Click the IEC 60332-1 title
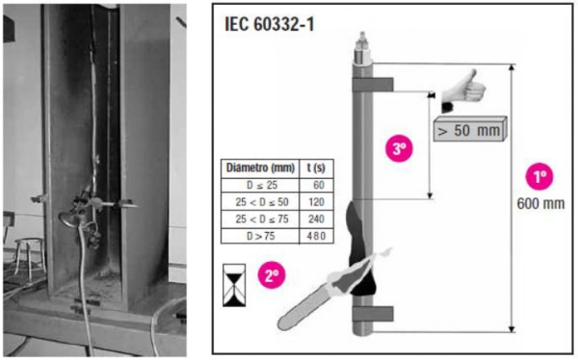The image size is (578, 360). tap(270, 24)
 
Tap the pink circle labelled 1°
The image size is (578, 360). tap(539, 176)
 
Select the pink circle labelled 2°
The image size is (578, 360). tap(272, 274)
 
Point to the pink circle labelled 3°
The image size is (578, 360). tap(399, 148)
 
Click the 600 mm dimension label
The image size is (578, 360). tap(540, 203)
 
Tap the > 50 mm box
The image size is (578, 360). tap(470, 129)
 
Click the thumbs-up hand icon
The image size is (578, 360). tap(462, 90)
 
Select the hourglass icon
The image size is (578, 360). tap(234, 285)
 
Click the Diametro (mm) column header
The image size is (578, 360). tap(260, 168)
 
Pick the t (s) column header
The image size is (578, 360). tap(316, 168)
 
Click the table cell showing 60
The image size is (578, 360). tap(316, 185)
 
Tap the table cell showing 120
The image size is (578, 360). tap(316, 202)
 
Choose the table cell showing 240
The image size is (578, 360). tap(316, 219)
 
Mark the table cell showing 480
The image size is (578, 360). tap(316, 236)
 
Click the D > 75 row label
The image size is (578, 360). tap(260, 236)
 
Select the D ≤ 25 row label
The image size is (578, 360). tap(260, 185)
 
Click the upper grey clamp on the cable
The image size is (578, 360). tap(373, 85)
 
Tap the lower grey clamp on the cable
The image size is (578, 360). tap(373, 314)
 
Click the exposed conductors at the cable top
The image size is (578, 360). tap(362, 47)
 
